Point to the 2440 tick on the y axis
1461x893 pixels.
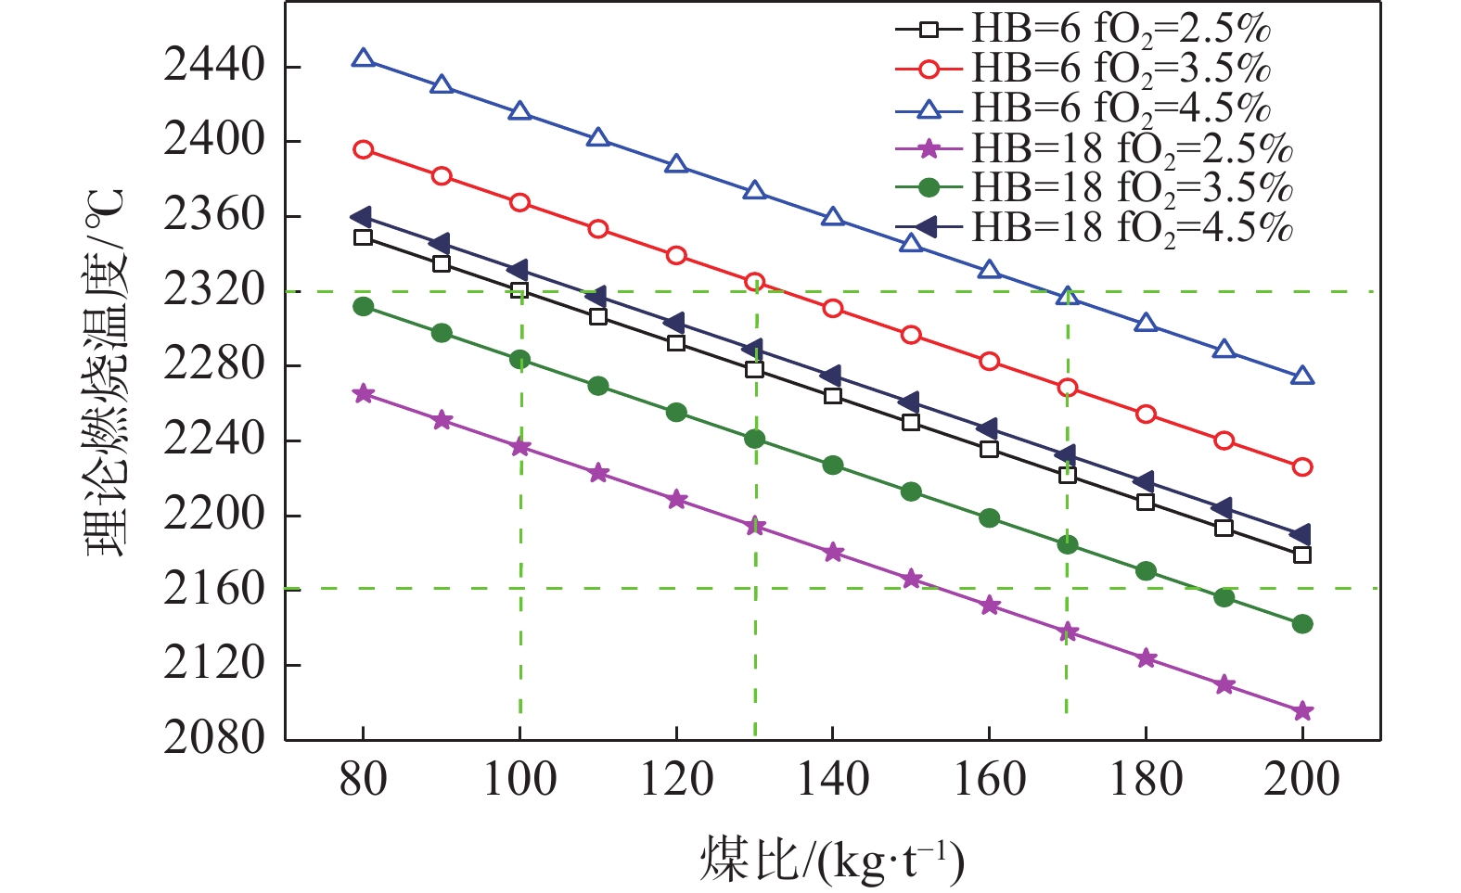click(x=214, y=67)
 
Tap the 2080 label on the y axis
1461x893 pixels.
click(x=214, y=739)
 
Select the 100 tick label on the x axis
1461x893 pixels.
click(x=519, y=780)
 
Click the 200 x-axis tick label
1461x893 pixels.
click(x=1301, y=780)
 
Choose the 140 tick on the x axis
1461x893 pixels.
click(x=833, y=780)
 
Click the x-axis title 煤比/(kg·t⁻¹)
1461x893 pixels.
click(x=832, y=860)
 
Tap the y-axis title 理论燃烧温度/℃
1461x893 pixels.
click(x=104, y=371)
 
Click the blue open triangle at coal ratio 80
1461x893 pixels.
click(x=364, y=59)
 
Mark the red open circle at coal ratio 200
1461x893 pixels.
click(x=1302, y=466)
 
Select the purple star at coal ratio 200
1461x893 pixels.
click(x=1302, y=711)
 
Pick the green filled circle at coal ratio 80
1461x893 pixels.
click(x=364, y=306)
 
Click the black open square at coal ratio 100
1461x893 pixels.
click(x=519, y=290)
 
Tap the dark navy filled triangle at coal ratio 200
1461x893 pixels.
click(x=1301, y=535)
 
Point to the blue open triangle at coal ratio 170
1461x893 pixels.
click(x=1068, y=297)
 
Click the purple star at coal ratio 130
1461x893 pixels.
click(x=755, y=526)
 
